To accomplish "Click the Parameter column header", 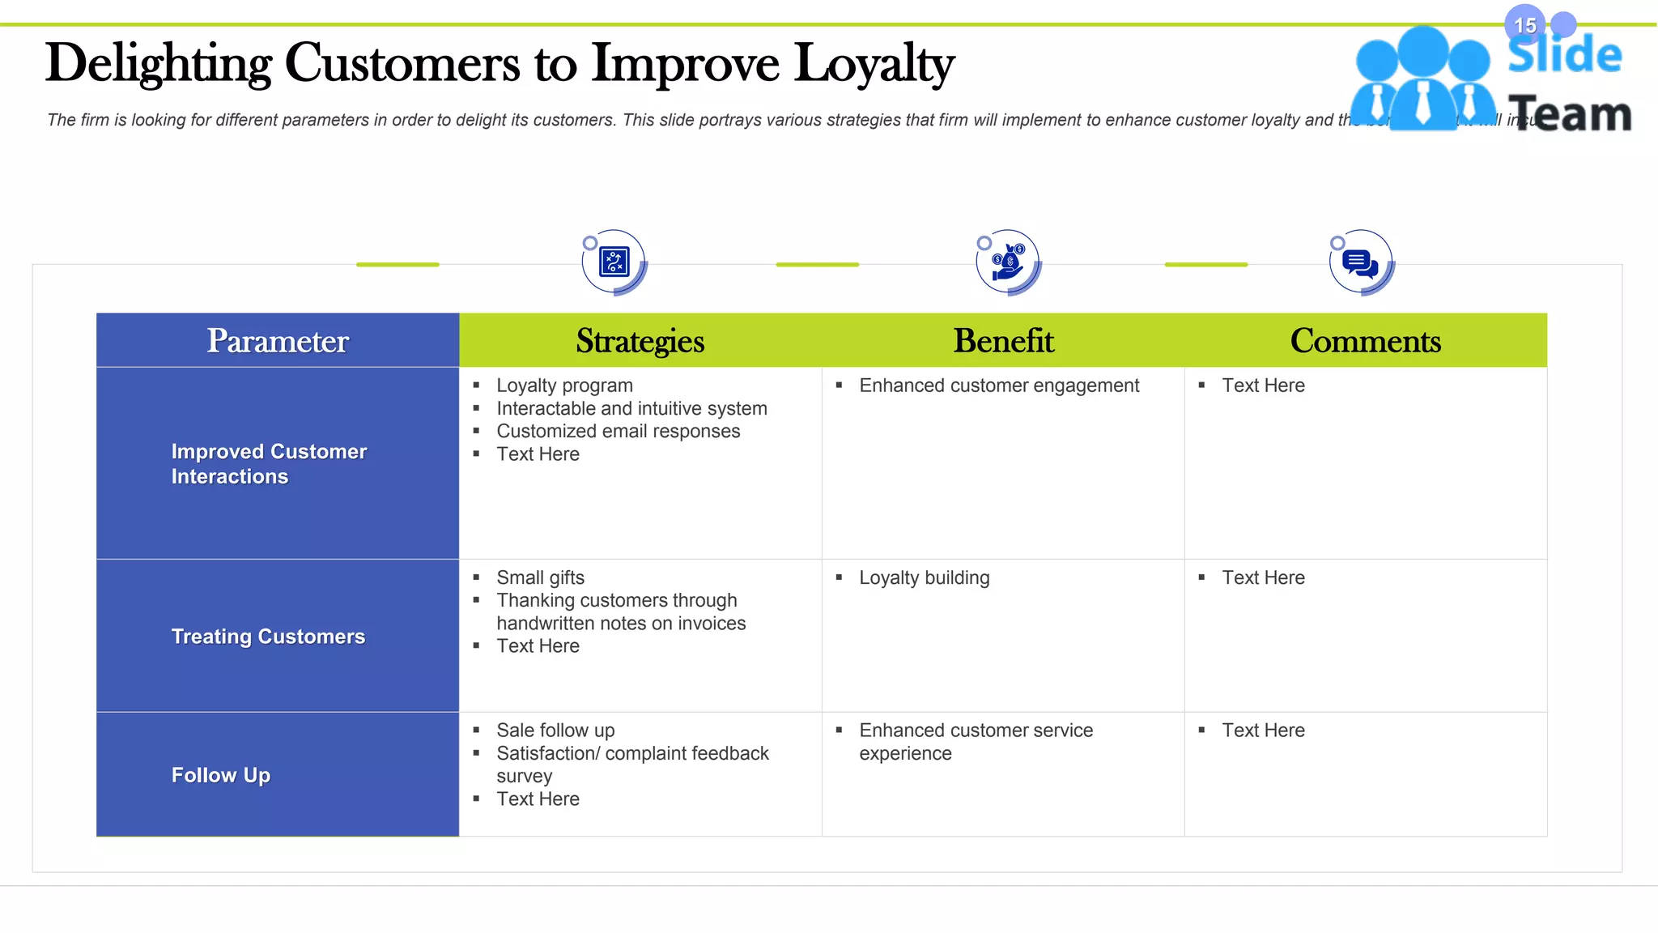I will [278, 341].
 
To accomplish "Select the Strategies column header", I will [640, 341].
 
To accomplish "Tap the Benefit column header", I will [1003, 341].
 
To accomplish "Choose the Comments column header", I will [1365, 341].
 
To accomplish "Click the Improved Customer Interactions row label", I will [269, 464].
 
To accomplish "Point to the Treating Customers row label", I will [268, 637].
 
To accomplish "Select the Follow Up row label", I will [221, 775].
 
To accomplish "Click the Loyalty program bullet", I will [564, 386].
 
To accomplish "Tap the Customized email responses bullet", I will [618, 431].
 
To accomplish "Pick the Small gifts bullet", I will [540, 577].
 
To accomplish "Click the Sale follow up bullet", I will [555, 731].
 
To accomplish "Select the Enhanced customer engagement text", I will [999, 386].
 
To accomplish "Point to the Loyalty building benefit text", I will [924, 577].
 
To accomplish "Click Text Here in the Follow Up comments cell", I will [1263, 731].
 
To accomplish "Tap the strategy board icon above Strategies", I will [614, 262].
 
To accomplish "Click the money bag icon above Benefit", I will [1008, 262].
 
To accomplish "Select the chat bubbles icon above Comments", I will [1361, 262].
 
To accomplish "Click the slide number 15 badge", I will [1524, 25].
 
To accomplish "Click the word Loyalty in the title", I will [874, 64].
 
